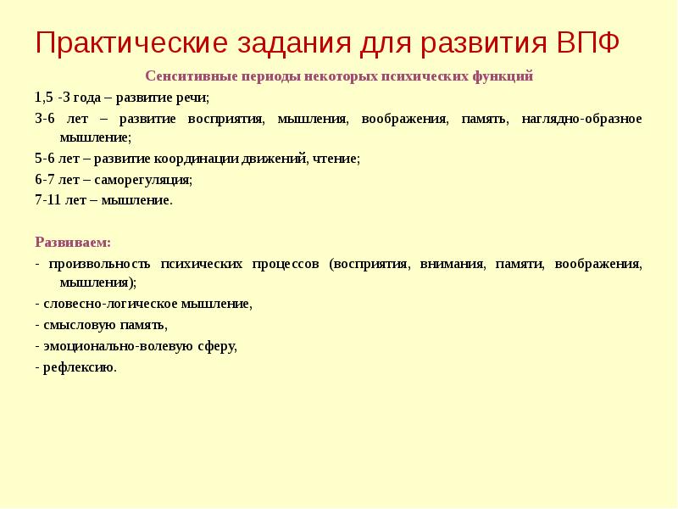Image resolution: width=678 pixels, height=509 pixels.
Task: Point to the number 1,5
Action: pos(44,97)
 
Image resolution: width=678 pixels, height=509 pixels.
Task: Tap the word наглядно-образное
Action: pos(570,118)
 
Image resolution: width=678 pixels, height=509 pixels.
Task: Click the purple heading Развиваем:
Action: pos(74,242)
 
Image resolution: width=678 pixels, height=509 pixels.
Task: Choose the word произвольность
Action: pos(99,263)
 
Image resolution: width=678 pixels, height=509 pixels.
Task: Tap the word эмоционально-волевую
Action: pos(109,346)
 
